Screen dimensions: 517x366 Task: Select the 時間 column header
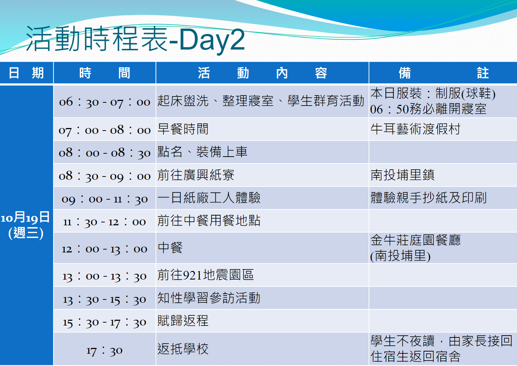[104, 73]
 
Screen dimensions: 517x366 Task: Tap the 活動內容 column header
[262, 73]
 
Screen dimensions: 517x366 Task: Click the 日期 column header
[26, 73]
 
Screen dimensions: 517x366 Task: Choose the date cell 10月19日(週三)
[25, 225]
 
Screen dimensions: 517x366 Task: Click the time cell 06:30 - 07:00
[104, 102]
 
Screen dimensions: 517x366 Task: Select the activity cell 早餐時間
[183, 129]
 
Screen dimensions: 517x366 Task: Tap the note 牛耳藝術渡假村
[415, 129]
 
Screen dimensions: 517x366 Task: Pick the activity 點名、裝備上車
[202, 152]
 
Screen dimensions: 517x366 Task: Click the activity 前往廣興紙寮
[196, 175]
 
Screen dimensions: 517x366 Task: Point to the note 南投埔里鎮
[402, 175]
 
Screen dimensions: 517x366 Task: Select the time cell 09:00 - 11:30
[104, 199]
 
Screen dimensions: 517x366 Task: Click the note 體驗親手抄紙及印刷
[428, 198]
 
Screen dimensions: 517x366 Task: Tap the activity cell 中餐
[170, 248]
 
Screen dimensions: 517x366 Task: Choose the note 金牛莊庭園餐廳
[415, 240]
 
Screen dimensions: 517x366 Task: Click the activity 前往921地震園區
[206, 275]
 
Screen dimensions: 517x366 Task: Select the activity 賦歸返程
[183, 321]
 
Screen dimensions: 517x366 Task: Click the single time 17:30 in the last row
[104, 351]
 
